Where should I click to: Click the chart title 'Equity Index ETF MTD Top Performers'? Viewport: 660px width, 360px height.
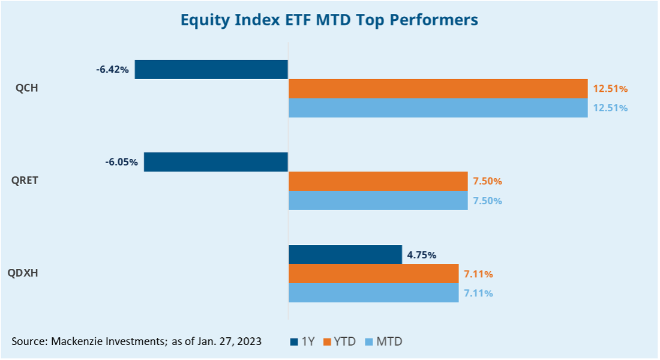329,20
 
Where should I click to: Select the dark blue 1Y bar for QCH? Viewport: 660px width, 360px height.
211,70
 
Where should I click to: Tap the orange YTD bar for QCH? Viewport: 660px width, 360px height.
438,89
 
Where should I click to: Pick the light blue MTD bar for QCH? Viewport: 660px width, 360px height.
438,108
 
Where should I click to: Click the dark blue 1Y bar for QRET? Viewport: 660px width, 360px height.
216,162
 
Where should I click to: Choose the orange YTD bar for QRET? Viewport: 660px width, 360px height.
378,181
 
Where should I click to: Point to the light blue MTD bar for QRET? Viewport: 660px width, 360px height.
378,200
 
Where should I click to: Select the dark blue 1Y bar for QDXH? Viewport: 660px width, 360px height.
345,254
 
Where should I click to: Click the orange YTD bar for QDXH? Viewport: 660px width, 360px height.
373,274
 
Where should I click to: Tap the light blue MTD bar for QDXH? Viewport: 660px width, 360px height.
373,293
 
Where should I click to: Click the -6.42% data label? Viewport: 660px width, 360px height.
112,70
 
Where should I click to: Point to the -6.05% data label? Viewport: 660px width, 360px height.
121,162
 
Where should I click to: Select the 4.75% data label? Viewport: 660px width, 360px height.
421,254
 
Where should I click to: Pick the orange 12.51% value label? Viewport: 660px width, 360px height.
610,89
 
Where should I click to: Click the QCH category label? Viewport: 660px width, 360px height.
27,88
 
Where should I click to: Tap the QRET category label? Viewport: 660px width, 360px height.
25,181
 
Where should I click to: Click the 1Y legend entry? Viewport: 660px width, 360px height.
304,341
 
